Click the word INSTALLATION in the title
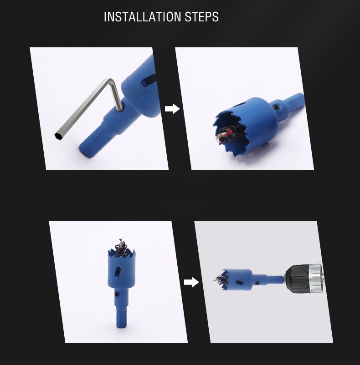tap(142, 17)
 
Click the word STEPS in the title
tap(202, 17)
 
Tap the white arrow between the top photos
tap(172, 109)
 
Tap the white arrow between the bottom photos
tap(191, 282)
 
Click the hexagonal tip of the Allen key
tap(58, 136)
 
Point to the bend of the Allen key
tap(111, 81)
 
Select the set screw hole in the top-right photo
tap(276, 107)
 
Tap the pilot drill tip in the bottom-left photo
tap(121, 241)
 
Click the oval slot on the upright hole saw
tap(118, 272)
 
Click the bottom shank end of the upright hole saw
tap(121, 325)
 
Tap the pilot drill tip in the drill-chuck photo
tap(215, 279)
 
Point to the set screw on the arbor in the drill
tap(257, 283)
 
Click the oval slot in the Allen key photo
tap(148, 80)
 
